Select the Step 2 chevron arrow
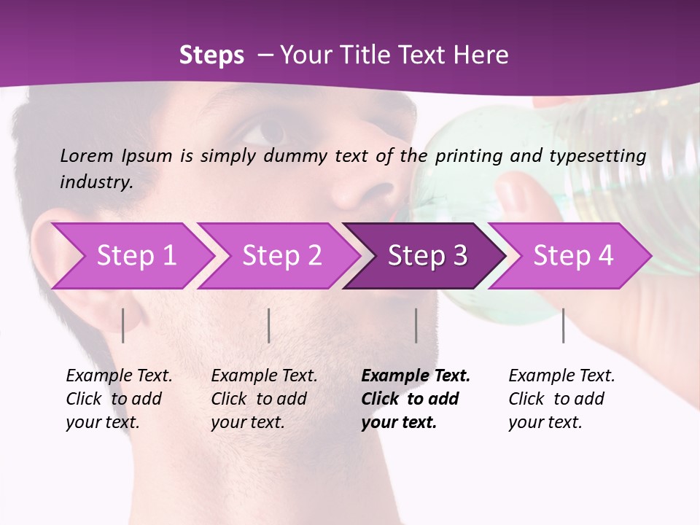[x=281, y=256]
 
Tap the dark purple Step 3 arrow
[x=427, y=256]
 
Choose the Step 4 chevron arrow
[x=573, y=256]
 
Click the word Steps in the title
[x=211, y=55]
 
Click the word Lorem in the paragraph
[x=87, y=156]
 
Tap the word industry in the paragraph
[x=95, y=182]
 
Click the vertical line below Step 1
[x=123, y=325]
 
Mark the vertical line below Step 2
[x=269, y=325]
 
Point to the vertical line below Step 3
[x=416, y=325]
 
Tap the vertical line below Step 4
[x=563, y=325]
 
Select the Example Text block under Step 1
[x=119, y=399]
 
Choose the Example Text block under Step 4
[x=561, y=399]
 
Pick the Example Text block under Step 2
[x=264, y=399]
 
